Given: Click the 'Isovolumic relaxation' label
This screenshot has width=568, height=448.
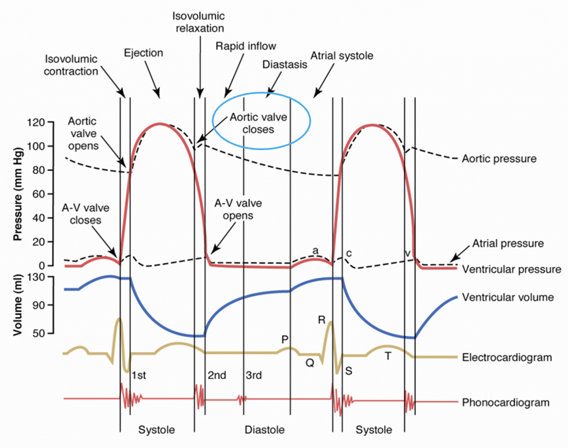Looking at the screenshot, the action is [199, 22].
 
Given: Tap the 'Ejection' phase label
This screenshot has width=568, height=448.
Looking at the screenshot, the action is [144, 53].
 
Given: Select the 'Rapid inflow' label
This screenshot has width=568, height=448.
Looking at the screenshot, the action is [245, 46].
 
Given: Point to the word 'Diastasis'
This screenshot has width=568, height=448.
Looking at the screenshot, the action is [285, 65].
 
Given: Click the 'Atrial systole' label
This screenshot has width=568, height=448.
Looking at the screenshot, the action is [342, 56].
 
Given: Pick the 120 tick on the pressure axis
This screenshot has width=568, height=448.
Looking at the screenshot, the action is [36, 122].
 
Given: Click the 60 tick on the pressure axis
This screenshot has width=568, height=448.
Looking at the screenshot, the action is [39, 194].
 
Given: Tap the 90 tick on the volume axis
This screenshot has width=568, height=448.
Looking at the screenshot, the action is [39, 305].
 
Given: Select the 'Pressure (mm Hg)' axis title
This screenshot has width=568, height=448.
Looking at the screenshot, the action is [17, 194].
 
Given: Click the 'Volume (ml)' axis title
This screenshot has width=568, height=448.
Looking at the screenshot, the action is [17, 305].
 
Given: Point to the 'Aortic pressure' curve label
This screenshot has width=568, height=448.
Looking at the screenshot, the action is [499, 159].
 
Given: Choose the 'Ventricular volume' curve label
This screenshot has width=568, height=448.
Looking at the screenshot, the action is [508, 297].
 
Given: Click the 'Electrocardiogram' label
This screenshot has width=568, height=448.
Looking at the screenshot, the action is [507, 357].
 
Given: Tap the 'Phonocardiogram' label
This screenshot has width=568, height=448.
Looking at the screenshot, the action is [506, 402].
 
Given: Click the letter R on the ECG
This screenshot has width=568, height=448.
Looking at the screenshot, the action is [322, 320].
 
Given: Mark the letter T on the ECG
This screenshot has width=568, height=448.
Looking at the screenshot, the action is [388, 356].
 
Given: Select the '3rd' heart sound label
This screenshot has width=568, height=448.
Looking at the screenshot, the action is [253, 375].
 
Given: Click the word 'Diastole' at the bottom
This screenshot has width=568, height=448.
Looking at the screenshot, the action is [264, 430].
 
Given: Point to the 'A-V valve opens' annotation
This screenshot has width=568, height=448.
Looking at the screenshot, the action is [238, 210].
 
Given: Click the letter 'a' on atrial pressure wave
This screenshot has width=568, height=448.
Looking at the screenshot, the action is [316, 250].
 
